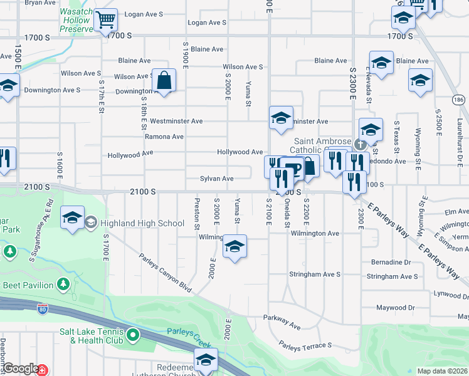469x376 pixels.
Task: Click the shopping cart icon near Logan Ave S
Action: coord(106,19)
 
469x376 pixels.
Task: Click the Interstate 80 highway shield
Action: coord(43,309)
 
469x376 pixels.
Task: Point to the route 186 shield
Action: coord(460,100)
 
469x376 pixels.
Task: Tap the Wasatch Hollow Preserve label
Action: coord(76,21)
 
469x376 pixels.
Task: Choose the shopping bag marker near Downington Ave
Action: coord(164,80)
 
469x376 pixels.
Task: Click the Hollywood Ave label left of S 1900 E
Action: coord(130,155)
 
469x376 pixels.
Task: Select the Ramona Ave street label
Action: coord(164,137)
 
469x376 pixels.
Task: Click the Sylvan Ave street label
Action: coord(216,179)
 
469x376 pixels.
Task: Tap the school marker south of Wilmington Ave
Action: coord(234,247)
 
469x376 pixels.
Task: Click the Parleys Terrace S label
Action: coord(305,345)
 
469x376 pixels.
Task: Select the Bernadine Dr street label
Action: coord(391,261)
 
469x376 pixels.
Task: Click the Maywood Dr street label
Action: coord(396,308)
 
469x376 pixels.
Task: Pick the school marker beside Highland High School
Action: coord(73,218)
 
